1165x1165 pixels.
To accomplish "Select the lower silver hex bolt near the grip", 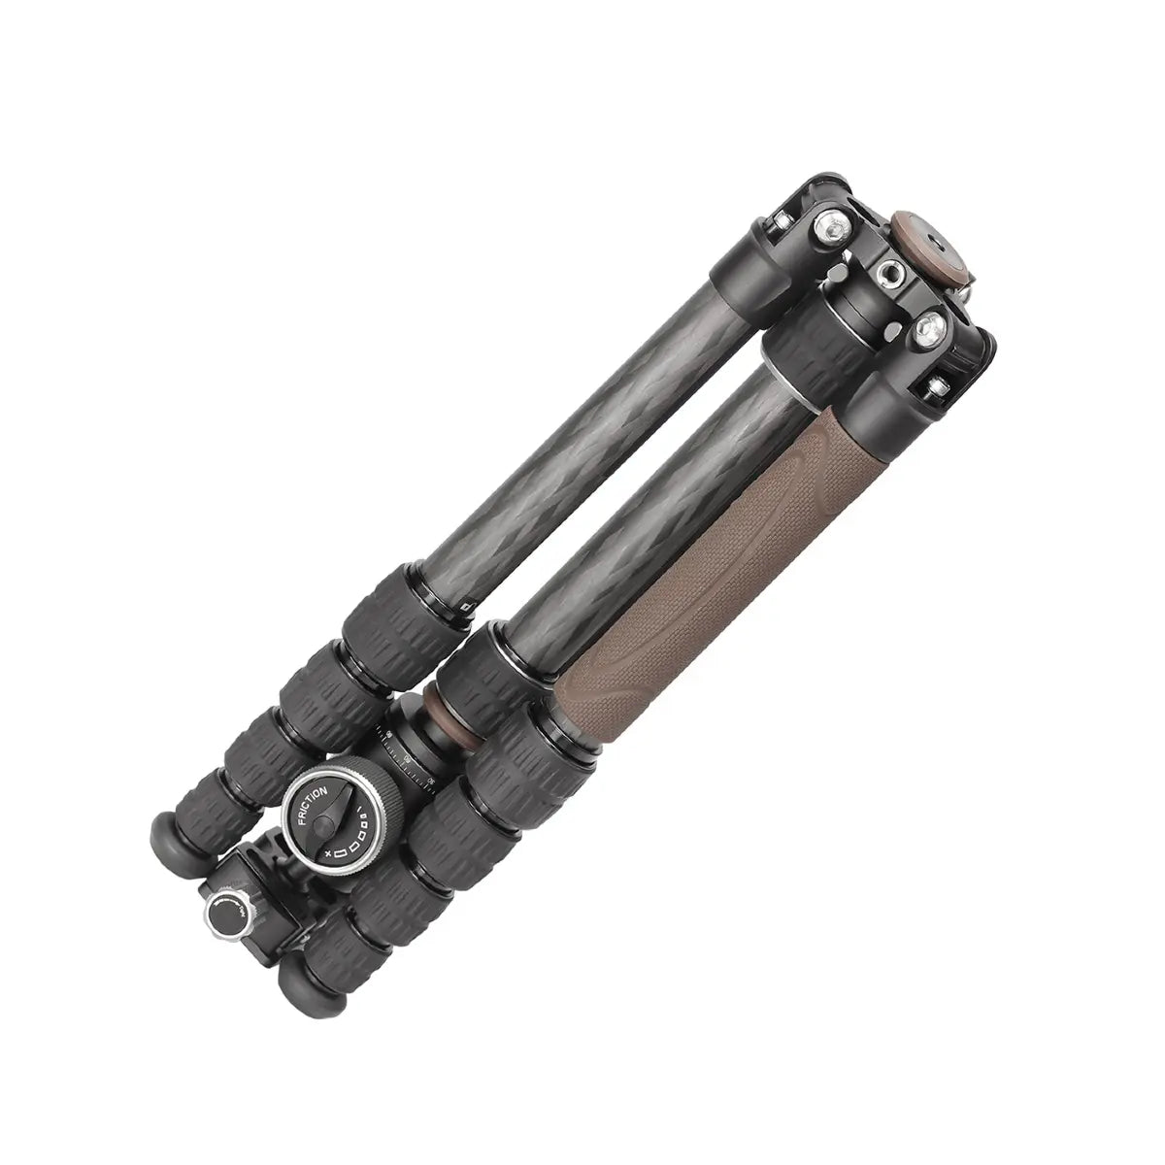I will [929, 328].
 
